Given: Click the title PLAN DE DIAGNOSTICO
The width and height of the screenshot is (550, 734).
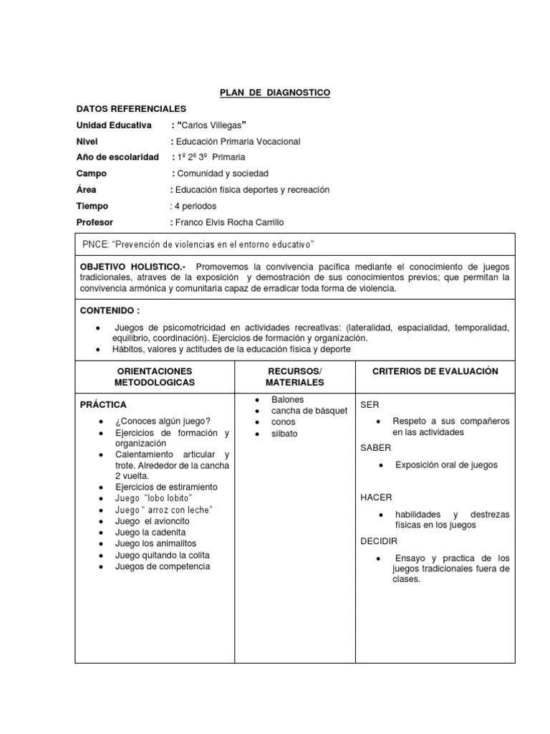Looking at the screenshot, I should click(x=274, y=93).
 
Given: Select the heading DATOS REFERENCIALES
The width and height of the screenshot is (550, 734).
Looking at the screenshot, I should click(x=131, y=109).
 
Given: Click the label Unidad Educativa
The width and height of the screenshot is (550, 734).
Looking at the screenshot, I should click(x=114, y=125).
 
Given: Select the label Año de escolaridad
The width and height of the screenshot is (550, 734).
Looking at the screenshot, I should click(x=117, y=157).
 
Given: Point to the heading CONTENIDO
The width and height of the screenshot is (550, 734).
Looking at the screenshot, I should click(x=109, y=311).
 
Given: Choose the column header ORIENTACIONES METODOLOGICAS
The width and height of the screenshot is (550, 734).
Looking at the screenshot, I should click(x=155, y=377).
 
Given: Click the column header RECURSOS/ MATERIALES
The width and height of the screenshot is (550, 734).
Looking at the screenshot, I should click(x=295, y=377).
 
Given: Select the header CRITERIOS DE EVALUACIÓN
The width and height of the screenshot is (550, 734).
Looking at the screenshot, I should click(x=435, y=371).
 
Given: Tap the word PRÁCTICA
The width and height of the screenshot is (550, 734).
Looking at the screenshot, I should click(x=103, y=405).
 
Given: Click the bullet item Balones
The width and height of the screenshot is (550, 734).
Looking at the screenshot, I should click(x=287, y=399).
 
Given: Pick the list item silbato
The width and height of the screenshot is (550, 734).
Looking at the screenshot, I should click(x=284, y=434).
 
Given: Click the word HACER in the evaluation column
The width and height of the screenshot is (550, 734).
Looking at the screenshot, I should click(x=376, y=497).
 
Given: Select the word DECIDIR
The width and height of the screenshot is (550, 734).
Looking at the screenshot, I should click(x=379, y=541).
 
